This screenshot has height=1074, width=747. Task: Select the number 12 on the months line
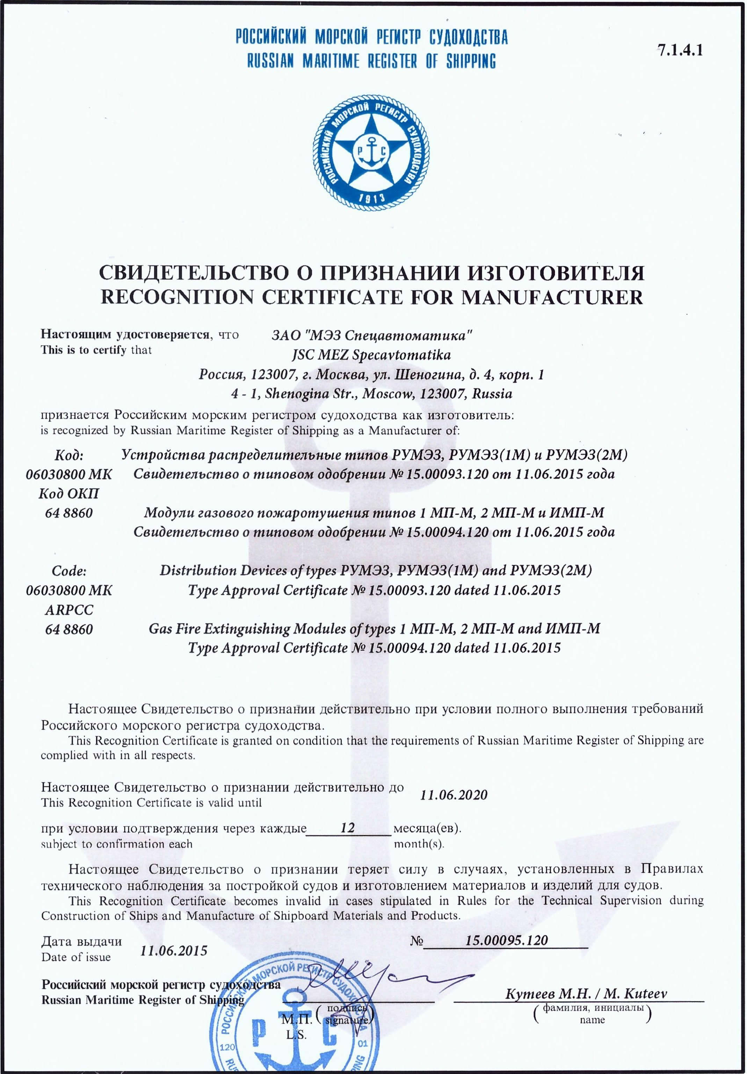(348, 827)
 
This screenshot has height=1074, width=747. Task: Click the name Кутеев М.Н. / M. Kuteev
(586, 993)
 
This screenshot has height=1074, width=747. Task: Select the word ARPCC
(69, 610)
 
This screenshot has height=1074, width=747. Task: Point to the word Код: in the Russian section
(69, 455)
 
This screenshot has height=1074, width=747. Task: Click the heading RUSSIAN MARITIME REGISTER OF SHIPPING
(371, 61)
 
